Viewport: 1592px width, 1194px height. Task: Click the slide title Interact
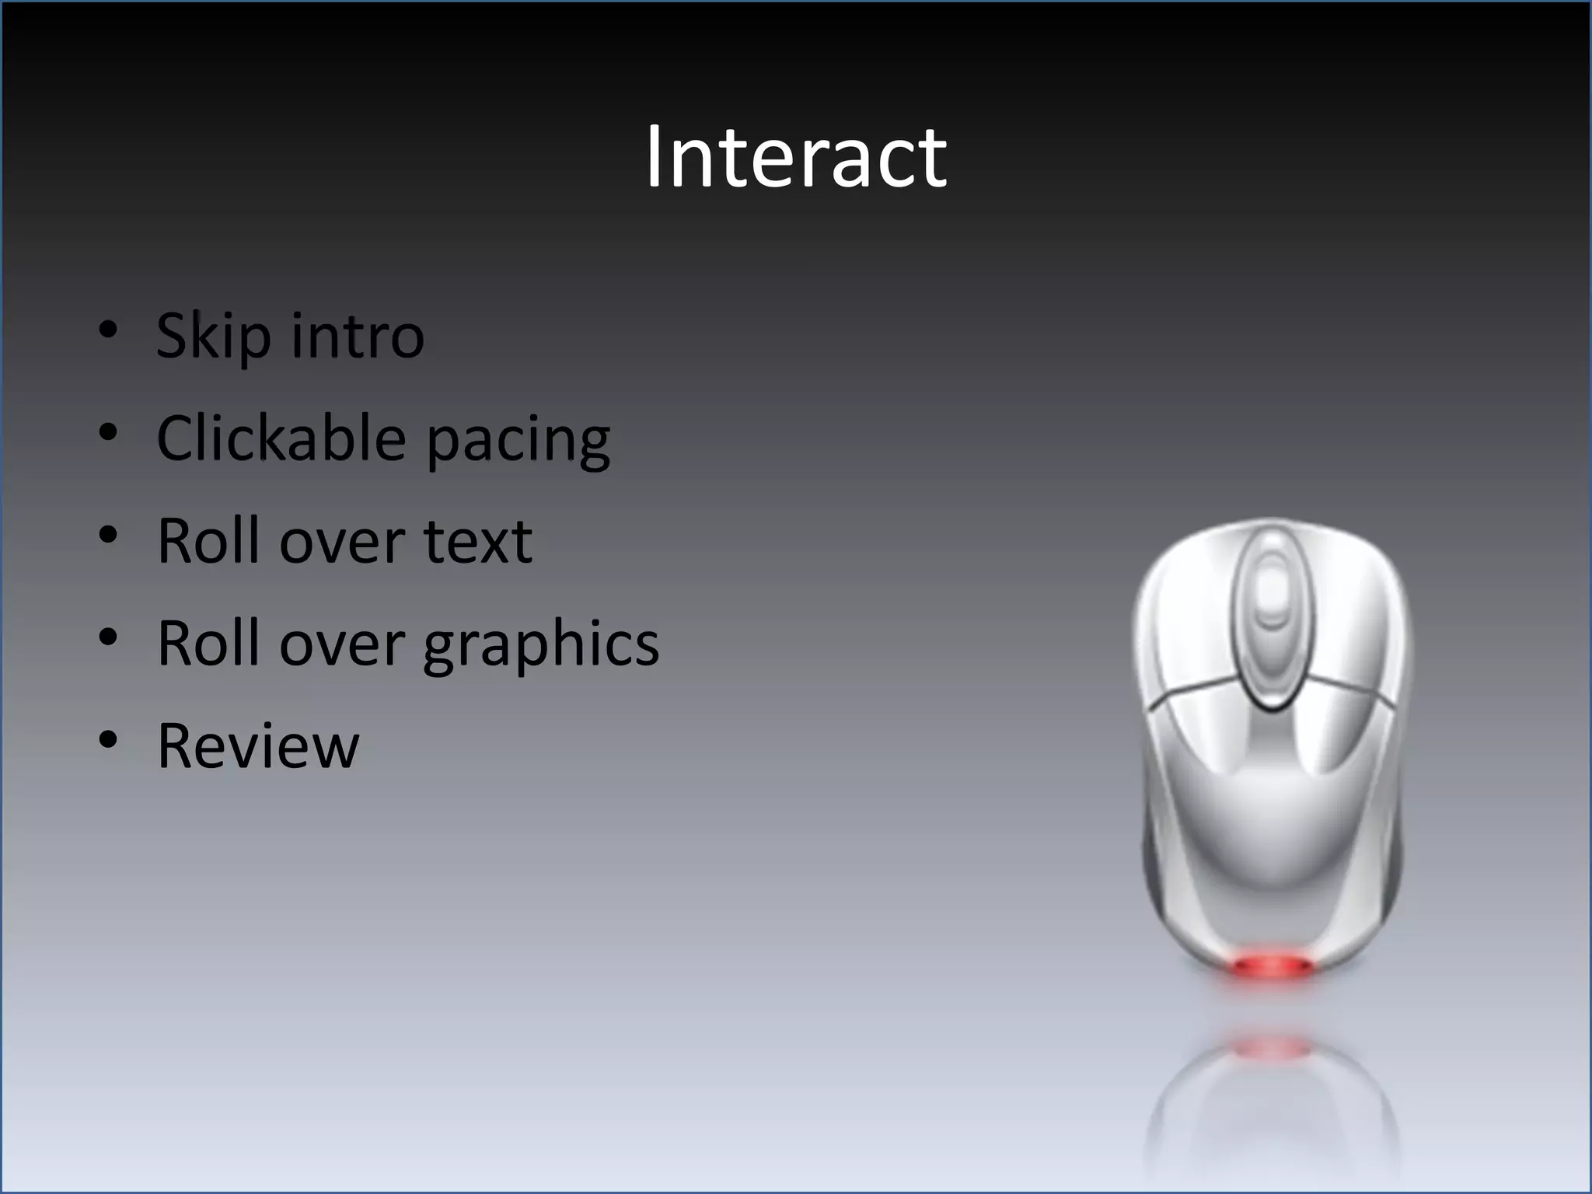coord(796,158)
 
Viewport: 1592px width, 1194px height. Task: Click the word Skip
coord(214,336)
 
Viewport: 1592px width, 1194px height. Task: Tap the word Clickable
coord(281,438)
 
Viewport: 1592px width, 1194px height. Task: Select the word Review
coord(258,745)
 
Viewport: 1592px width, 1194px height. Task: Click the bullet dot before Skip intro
coord(108,330)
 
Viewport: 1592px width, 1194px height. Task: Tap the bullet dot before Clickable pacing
coord(108,433)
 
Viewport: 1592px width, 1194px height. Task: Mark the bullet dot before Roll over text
coord(108,536)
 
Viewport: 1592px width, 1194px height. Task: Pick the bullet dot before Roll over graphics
coord(108,638)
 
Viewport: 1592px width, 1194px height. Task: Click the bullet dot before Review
coord(108,740)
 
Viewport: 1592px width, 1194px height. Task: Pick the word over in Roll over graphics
coord(342,644)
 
